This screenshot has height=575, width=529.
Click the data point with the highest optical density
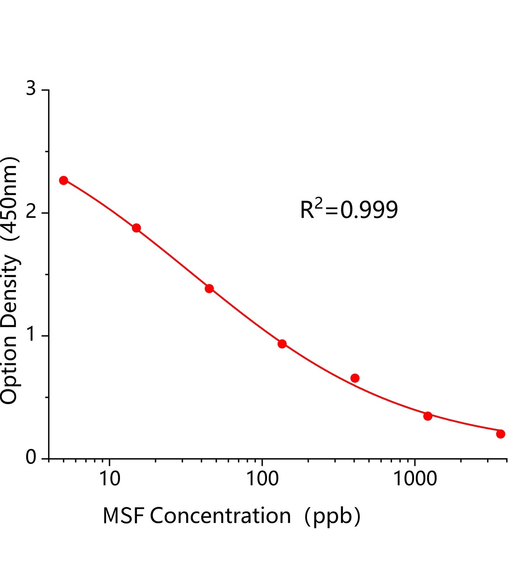click(x=64, y=180)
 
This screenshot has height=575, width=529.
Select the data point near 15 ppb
click(x=136, y=228)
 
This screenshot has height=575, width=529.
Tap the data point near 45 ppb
click(x=209, y=288)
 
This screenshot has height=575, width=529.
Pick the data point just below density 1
click(x=282, y=344)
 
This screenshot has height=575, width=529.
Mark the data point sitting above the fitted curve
click(x=355, y=378)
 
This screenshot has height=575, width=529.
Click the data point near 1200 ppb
click(x=428, y=416)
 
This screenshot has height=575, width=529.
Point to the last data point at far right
click(x=501, y=434)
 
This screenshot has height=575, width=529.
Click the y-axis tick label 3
click(x=31, y=88)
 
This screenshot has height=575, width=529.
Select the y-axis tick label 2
click(x=31, y=212)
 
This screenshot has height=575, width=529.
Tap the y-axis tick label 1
click(x=31, y=335)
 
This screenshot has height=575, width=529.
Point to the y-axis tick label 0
click(x=31, y=458)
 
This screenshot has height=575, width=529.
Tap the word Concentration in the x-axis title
click(x=220, y=516)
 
